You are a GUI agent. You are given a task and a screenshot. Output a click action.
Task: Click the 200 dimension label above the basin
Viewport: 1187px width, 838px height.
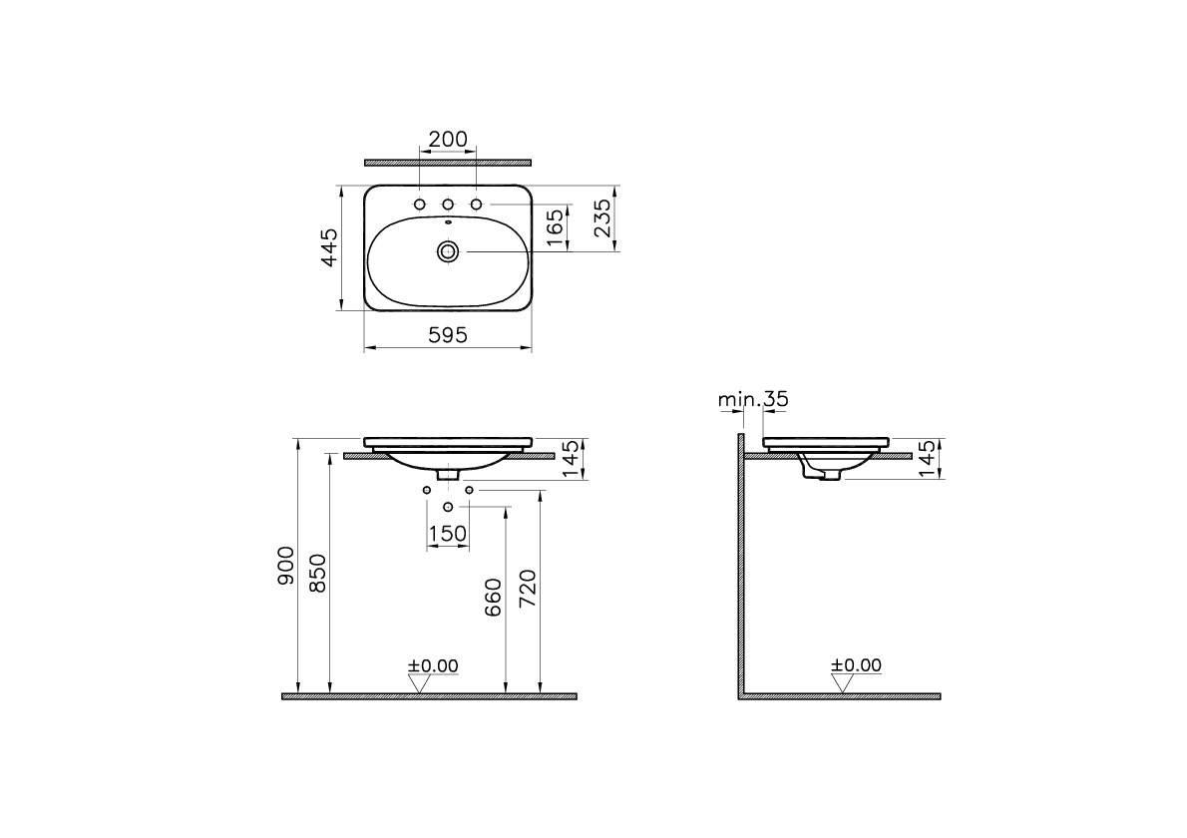(448, 140)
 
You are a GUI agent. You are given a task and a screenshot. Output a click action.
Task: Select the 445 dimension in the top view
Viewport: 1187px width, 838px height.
(328, 247)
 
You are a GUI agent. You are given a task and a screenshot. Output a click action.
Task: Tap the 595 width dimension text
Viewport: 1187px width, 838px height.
(448, 334)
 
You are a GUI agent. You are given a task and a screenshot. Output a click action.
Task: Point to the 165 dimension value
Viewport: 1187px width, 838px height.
(555, 227)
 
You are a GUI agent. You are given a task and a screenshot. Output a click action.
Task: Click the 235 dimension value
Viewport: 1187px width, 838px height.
(602, 218)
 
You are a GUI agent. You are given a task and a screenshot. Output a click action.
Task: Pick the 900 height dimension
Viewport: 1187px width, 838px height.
(285, 566)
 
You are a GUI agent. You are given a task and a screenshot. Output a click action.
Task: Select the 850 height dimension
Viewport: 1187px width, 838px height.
(318, 573)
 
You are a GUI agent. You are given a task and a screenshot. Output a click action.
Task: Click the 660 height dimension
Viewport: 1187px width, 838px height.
(493, 598)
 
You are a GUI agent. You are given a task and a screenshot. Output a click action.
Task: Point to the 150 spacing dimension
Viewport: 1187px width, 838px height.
(448, 535)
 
